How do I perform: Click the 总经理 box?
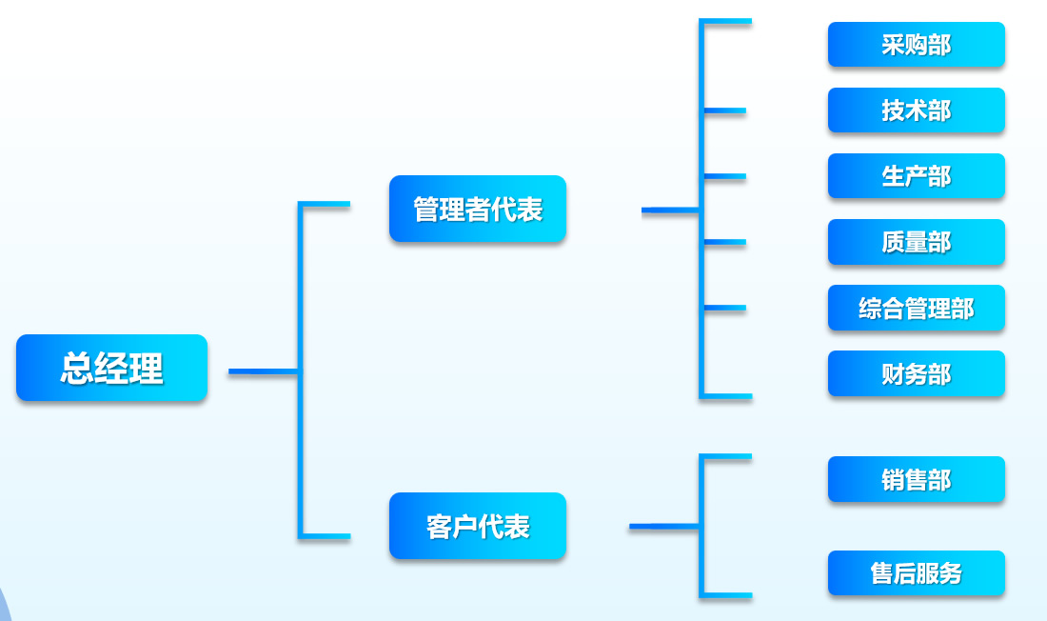(111, 368)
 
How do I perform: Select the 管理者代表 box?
(477, 209)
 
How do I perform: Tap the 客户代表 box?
(477, 526)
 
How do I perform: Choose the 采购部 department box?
(916, 45)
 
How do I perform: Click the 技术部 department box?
(916, 110)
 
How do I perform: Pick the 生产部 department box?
(916, 176)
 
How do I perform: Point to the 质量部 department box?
(916, 242)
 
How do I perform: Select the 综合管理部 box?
(916, 308)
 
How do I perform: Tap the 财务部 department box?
(916, 373)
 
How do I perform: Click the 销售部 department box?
(916, 479)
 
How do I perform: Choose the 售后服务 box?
(916, 573)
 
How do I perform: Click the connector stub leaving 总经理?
(263, 371)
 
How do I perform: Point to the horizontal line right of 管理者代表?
(670, 210)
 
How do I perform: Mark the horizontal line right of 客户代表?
(664, 526)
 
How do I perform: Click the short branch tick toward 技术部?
(725, 111)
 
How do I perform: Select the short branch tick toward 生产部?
(725, 176)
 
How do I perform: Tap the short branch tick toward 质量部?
(725, 243)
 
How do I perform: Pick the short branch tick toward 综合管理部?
(725, 308)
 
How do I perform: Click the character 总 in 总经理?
(77, 368)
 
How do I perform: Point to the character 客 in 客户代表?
(439, 526)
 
